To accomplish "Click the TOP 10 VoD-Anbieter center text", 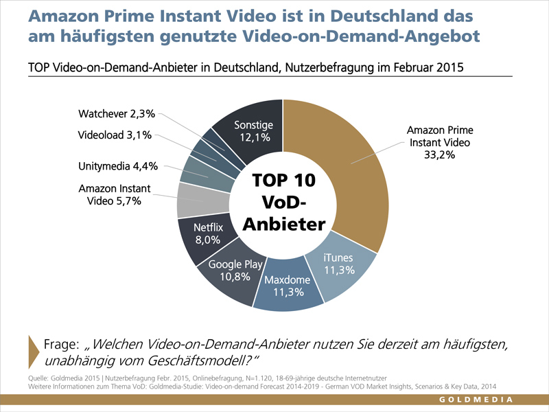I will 283,203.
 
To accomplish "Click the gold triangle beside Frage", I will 32,351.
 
